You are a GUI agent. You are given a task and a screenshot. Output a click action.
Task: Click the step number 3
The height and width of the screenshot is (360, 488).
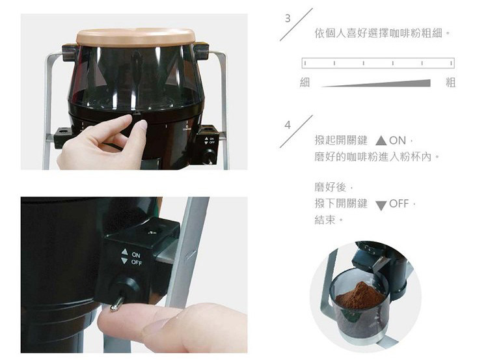pyautogui.click(x=288, y=18)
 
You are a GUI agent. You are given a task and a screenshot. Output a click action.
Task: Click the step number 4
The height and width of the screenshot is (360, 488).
pyautogui.click(x=288, y=125)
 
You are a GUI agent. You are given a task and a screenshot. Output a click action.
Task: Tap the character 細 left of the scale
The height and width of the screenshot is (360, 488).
pyautogui.click(x=305, y=83)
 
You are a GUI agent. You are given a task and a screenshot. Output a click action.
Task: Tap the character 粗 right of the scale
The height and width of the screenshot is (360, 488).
pyautogui.click(x=450, y=83)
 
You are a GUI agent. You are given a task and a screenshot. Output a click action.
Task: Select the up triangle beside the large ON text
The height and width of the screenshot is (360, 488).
pyautogui.click(x=381, y=141)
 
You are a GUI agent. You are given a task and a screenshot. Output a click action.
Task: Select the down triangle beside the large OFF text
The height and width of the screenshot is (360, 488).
pyautogui.click(x=381, y=206)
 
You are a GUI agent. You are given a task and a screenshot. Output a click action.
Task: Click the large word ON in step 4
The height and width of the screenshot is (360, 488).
pyautogui.click(x=398, y=141)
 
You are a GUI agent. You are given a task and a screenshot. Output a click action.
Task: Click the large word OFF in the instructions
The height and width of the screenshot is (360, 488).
pyautogui.click(x=399, y=204)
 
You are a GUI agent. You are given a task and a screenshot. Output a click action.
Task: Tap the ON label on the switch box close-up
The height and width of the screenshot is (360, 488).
pyautogui.click(x=136, y=255)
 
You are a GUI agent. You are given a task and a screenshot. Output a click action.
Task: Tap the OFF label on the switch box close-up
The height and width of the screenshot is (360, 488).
pyautogui.click(x=137, y=263)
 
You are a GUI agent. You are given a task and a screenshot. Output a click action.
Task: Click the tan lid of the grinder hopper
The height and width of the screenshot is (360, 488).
pyautogui.click(x=136, y=36)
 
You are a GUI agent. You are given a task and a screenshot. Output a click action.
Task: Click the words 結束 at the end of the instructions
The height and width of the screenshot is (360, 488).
pyautogui.click(x=325, y=220)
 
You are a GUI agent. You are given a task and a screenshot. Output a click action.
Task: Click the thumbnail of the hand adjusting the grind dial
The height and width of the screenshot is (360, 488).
pyautogui.click(x=134, y=92)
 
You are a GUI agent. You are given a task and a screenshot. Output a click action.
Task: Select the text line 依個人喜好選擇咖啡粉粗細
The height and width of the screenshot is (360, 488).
pyautogui.click(x=379, y=33)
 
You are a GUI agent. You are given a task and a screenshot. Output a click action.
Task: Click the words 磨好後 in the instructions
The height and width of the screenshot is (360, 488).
pyautogui.click(x=330, y=187)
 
